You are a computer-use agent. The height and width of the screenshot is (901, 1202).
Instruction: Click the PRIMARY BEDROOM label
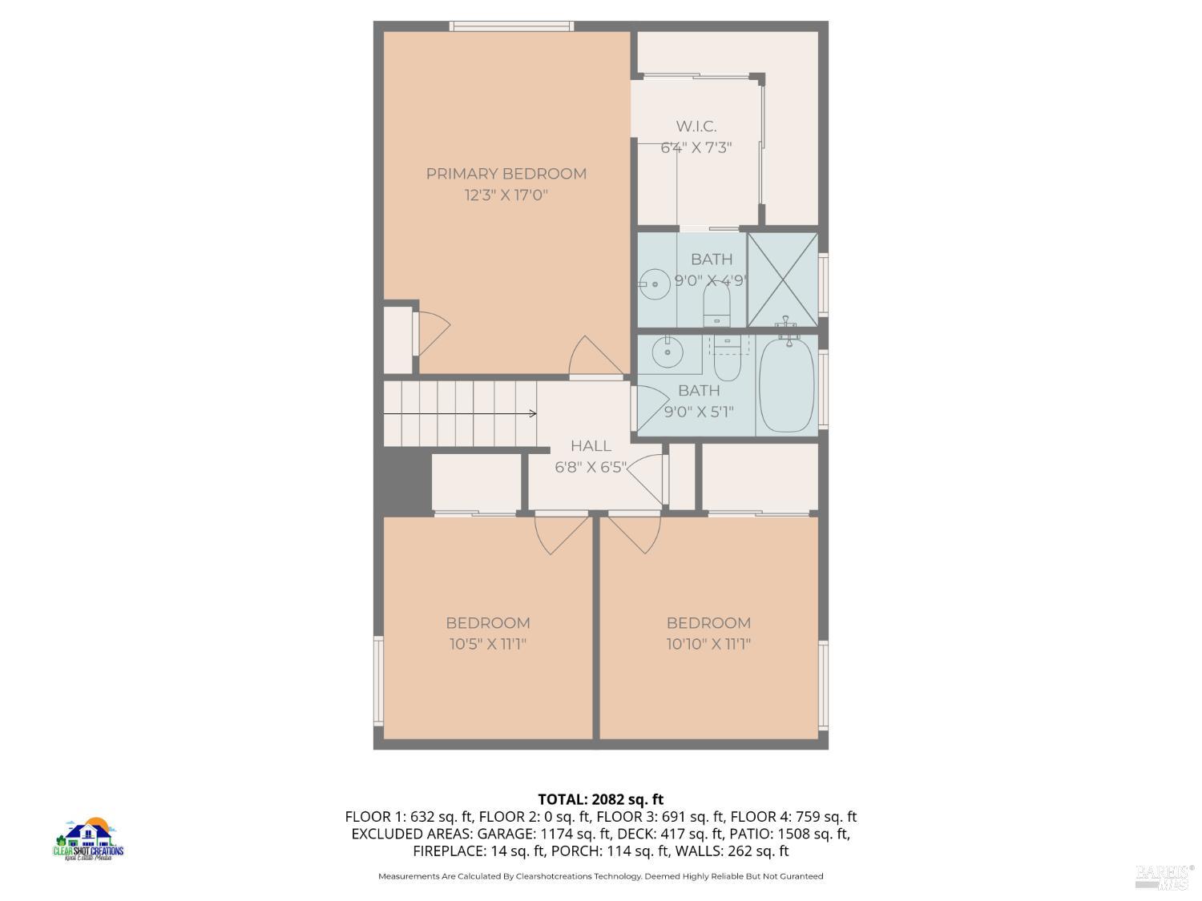coord(506,174)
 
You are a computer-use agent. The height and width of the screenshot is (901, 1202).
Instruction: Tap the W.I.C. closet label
coord(696,127)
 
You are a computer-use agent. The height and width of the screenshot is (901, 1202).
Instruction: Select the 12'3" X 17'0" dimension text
coord(506,195)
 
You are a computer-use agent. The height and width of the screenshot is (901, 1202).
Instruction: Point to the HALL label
coord(591,446)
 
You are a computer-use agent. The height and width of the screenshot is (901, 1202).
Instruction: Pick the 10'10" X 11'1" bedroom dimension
coord(708,644)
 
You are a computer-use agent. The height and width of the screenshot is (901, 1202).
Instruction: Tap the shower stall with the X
coord(783,280)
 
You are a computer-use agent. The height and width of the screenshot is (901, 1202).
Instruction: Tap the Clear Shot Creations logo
coord(88,839)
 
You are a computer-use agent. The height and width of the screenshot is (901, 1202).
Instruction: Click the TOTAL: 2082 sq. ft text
coord(600,799)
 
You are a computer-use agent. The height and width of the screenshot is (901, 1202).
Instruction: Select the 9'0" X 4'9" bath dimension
coord(711,281)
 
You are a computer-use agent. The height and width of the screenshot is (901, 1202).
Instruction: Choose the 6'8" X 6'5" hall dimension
coord(590,467)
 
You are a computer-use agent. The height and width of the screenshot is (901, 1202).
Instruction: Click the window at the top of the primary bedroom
coord(511,26)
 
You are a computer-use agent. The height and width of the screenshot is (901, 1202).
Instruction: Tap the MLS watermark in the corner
coord(1164,877)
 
